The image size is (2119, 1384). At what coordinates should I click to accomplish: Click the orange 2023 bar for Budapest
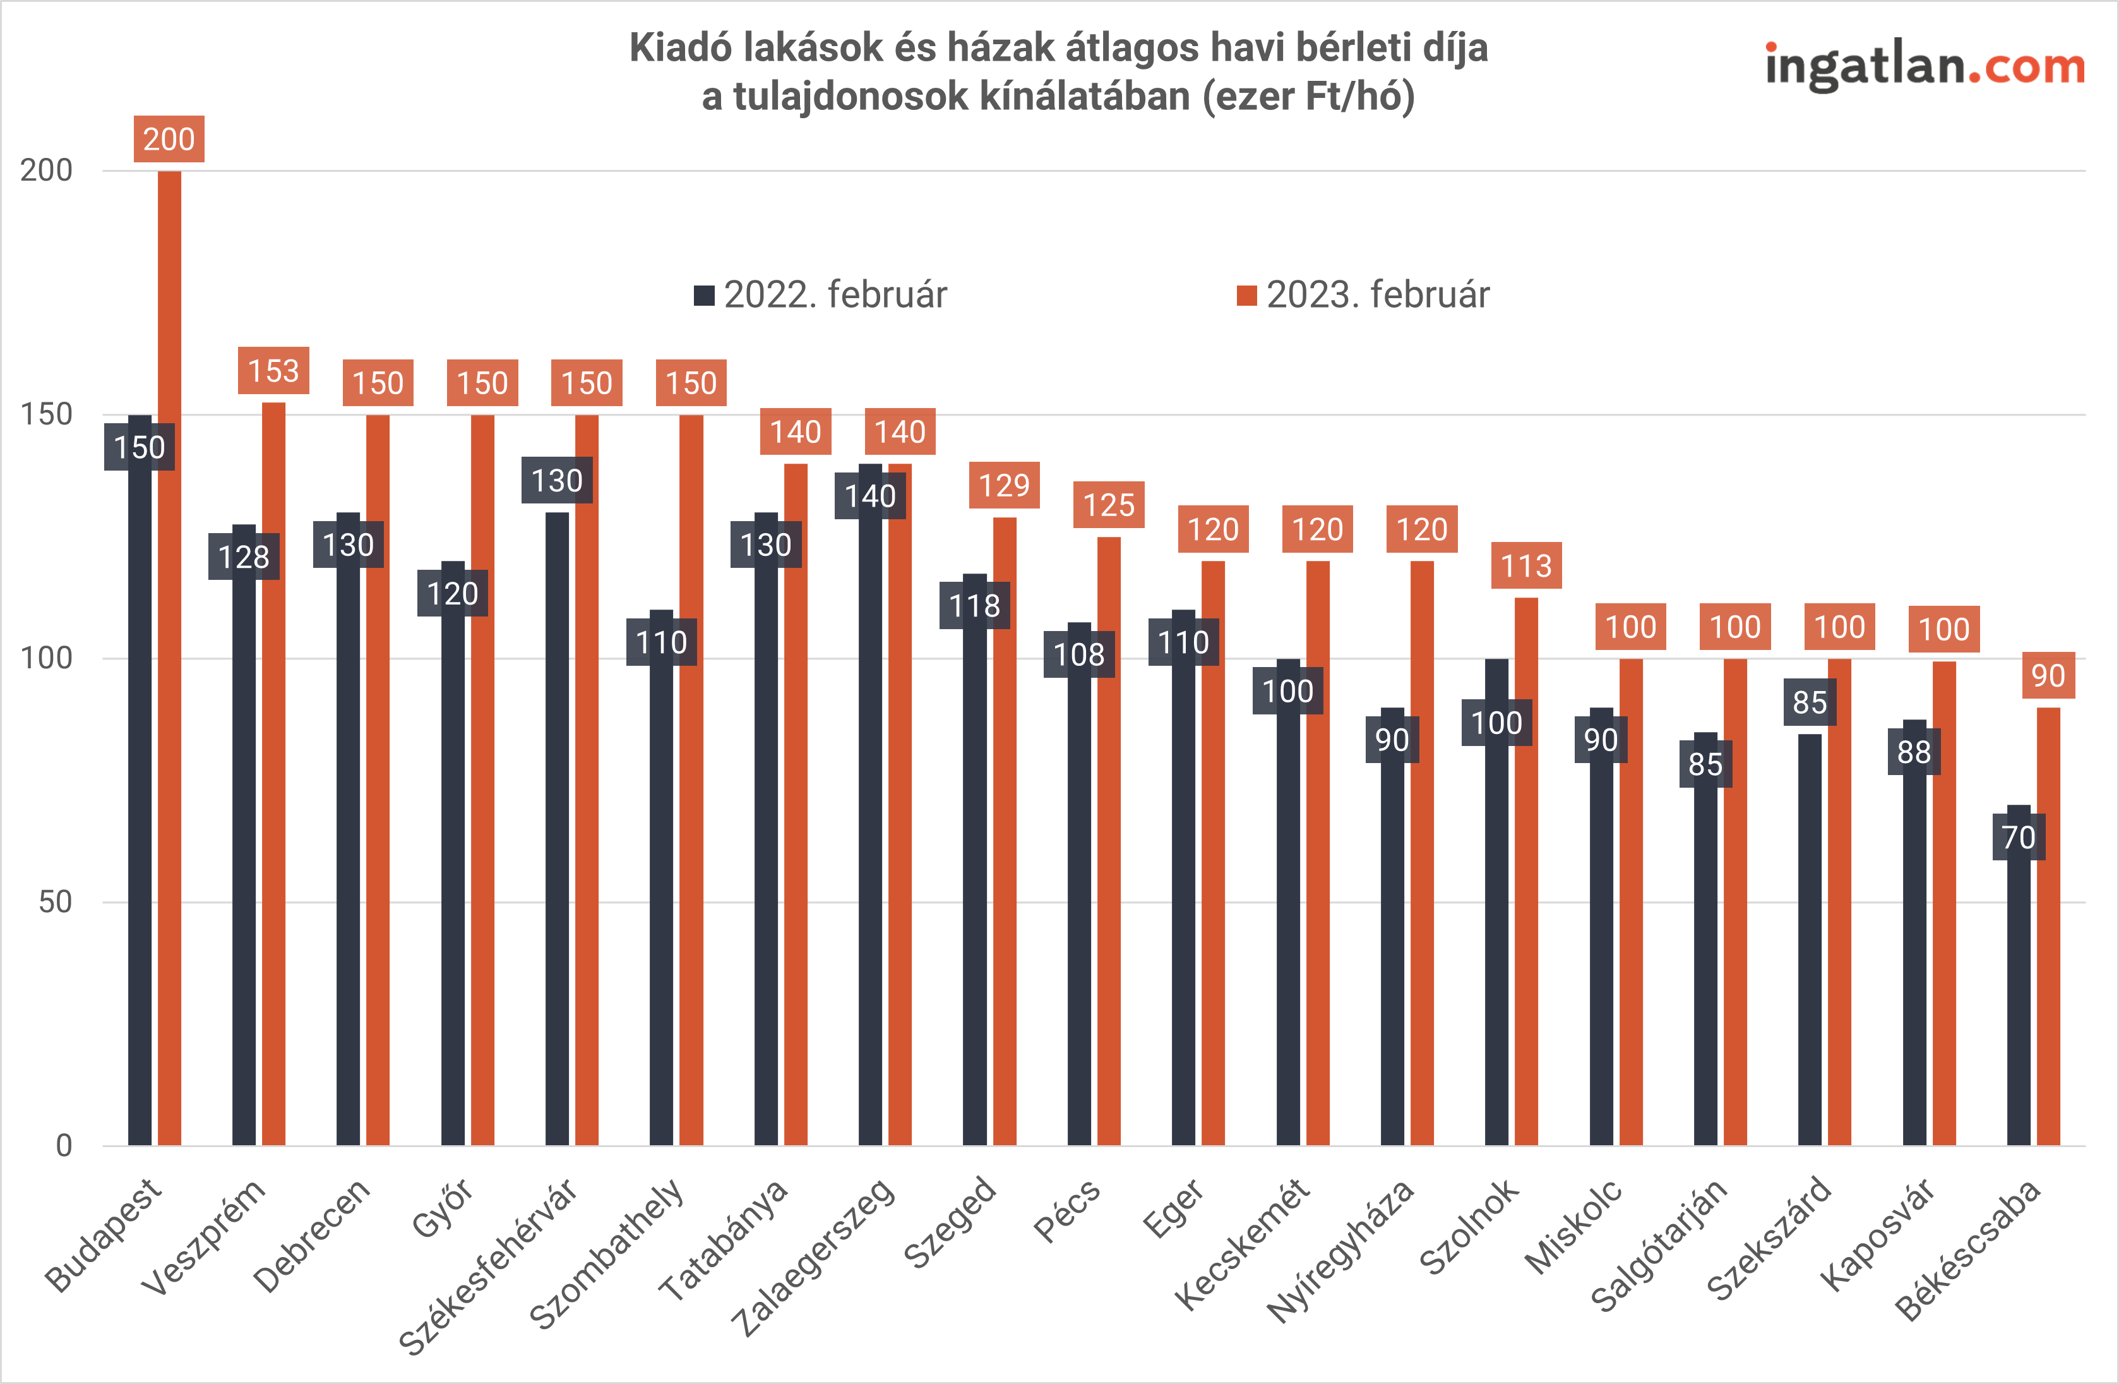point(169,659)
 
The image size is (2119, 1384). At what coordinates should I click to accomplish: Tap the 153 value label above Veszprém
point(273,371)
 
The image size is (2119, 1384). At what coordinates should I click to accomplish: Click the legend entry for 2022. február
point(821,295)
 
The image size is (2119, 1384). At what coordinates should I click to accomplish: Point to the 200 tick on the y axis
point(46,170)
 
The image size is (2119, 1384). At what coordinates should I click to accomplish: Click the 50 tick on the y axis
point(55,902)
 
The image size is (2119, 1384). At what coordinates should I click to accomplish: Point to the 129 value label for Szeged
point(1005,485)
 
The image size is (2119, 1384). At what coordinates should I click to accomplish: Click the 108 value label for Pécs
point(1079,654)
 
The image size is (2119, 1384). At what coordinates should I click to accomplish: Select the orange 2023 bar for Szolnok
point(1526,873)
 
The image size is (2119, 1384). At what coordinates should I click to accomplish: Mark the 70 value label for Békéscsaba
point(2019,837)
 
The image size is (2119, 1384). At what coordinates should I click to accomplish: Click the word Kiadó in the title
point(681,48)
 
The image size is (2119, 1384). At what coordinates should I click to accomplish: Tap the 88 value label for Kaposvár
point(1914,752)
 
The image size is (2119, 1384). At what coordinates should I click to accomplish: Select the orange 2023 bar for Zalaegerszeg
point(900,802)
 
